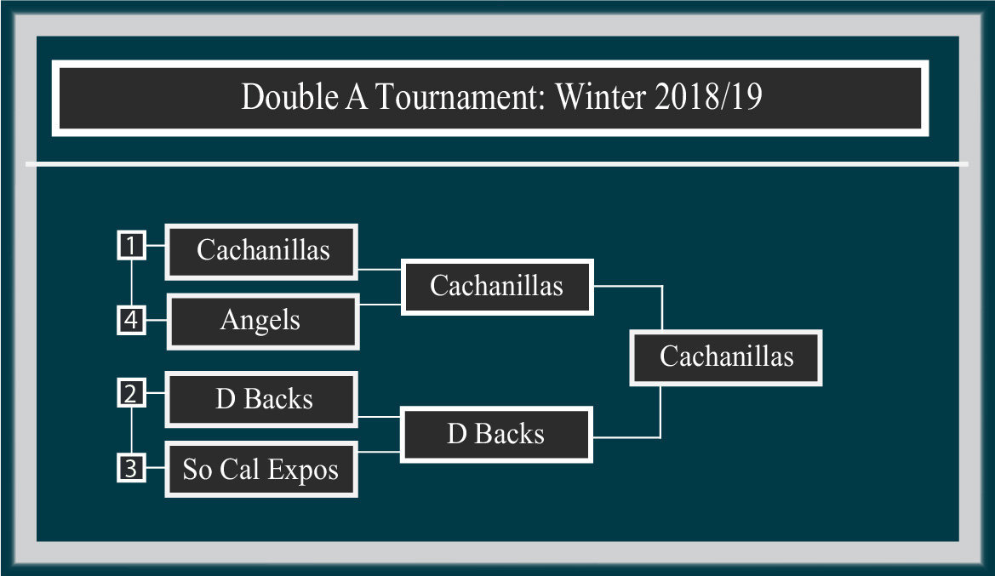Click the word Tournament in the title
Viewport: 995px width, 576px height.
click(460, 97)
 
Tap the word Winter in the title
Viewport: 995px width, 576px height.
click(600, 97)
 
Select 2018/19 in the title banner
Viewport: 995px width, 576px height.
click(708, 96)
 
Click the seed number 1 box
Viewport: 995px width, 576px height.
click(131, 246)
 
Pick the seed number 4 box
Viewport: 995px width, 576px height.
click(131, 320)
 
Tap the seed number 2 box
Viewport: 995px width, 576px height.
click(131, 393)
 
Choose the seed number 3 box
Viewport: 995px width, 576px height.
click(131, 468)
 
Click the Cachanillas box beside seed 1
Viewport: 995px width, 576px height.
click(261, 251)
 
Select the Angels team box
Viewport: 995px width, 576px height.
click(263, 321)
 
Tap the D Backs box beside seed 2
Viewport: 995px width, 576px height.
click(261, 399)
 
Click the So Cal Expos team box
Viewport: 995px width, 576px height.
click(261, 470)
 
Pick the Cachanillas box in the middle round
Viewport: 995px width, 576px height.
click(497, 287)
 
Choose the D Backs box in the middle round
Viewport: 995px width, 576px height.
click(496, 435)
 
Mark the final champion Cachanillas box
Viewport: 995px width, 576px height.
click(726, 358)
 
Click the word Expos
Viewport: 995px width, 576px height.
click(303, 470)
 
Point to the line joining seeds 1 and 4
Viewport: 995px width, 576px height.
click(131, 283)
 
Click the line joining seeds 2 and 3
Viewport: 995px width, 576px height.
click(131, 431)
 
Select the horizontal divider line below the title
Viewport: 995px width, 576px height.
click(497, 164)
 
